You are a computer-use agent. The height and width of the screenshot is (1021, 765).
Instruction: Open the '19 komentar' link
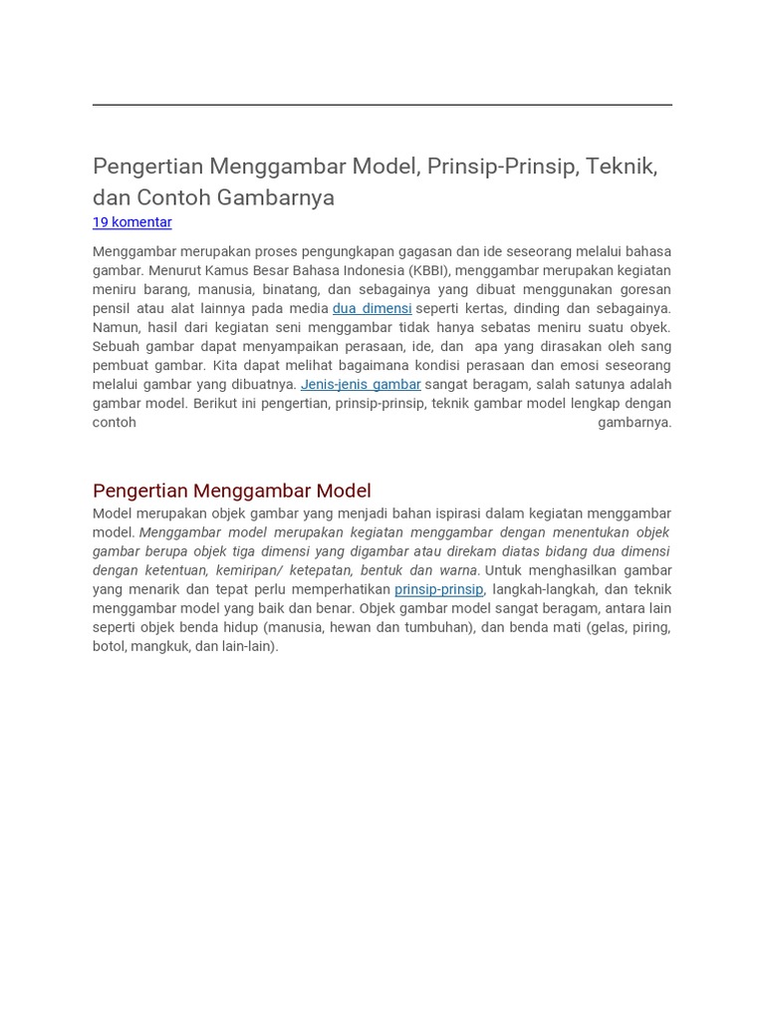[x=131, y=222]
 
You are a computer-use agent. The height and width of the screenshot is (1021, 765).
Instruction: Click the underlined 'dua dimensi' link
[x=372, y=309]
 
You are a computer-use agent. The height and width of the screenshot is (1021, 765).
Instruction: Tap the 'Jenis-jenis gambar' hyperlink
[x=361, y=385]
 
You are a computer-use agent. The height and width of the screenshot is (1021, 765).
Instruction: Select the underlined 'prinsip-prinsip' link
[x=438, y=590]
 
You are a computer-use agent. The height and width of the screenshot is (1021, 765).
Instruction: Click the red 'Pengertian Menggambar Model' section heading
[x=231, y=491]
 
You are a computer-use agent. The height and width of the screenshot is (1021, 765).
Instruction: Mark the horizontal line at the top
[x=382, y=105]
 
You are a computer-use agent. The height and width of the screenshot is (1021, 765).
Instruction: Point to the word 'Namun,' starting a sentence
[x=115, y=328]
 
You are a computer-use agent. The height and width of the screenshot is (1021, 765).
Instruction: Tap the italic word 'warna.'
[x=457, y=571]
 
